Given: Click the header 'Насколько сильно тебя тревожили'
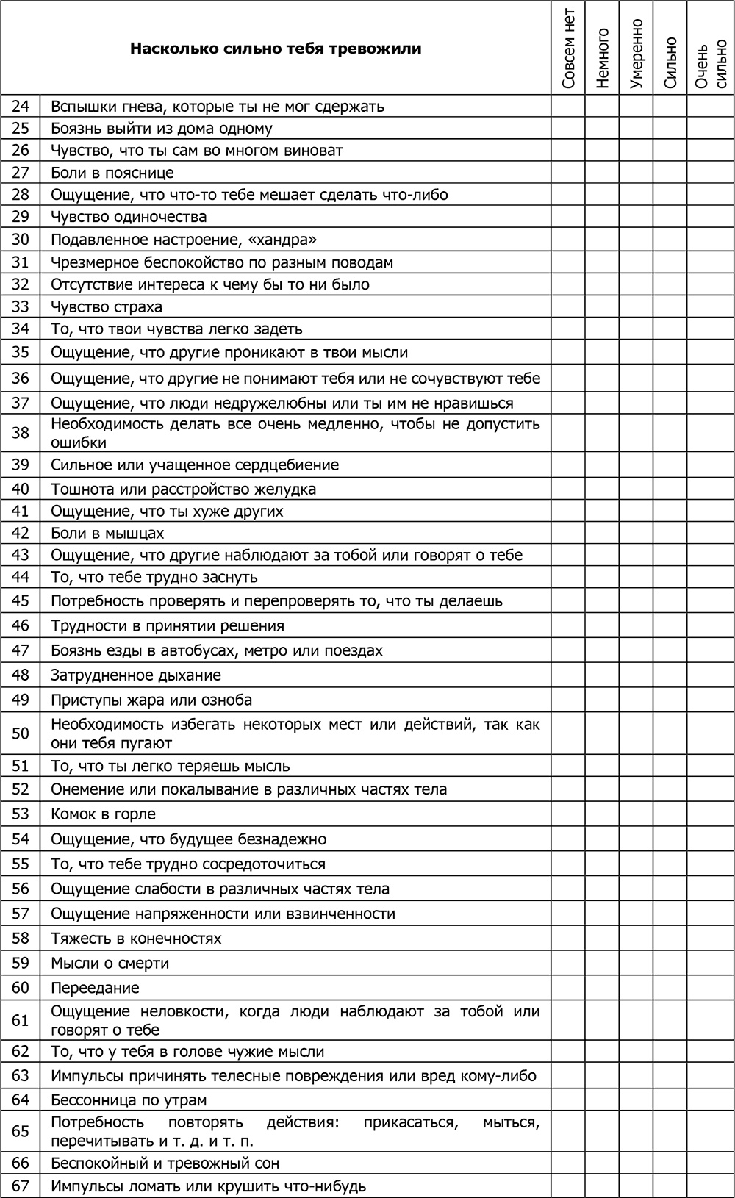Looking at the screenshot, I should pos(276,49).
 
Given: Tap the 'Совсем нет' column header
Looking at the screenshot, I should pos(568,49).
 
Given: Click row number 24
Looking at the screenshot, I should pos(21,107).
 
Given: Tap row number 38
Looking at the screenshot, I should pos(21,433).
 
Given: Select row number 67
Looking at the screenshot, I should pos(21,1186).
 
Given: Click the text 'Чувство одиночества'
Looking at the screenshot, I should pos(129,217).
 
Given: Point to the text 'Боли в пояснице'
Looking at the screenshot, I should pos(112,173).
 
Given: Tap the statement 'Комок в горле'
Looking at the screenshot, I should pos(103,814).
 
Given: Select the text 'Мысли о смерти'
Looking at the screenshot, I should pos(110,963).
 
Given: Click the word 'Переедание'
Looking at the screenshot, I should pos(95,988).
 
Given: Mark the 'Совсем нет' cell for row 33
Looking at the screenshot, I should pos(568,306).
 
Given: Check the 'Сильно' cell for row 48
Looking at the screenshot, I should pos(670,675).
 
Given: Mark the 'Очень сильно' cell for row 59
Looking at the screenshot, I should pos(710,963).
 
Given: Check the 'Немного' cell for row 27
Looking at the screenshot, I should pos(602,173).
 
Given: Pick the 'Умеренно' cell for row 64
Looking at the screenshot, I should pos(636,1100).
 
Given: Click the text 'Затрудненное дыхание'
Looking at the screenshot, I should pos(136,675).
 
